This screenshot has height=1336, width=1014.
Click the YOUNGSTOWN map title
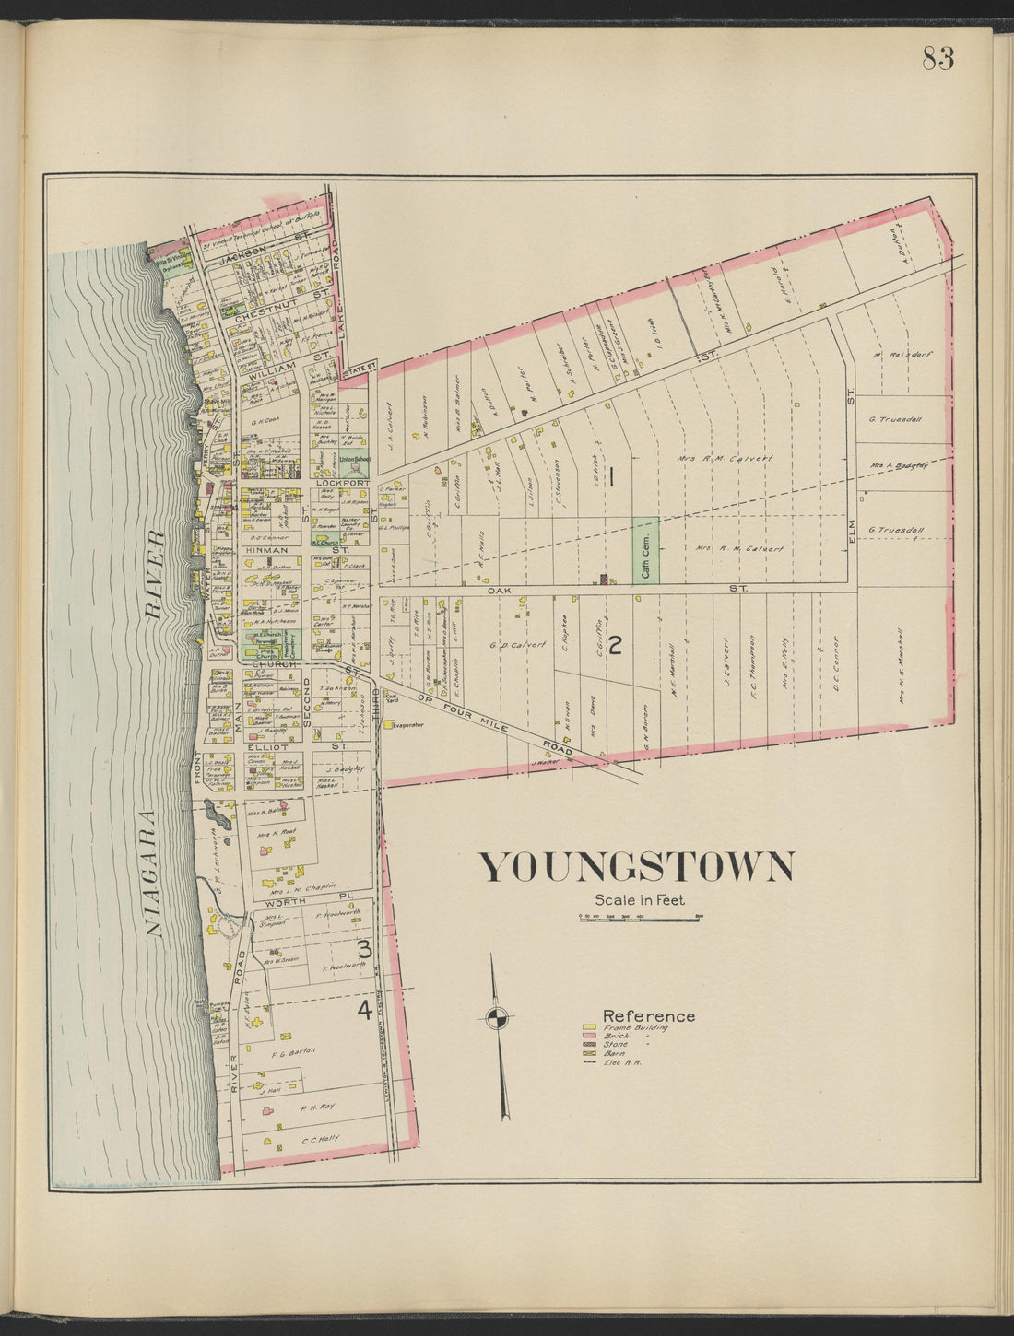[637, 868]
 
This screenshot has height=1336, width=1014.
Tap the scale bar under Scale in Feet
[641, 919]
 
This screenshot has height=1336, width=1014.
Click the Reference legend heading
[648, 1016]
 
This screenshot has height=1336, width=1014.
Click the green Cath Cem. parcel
[644, 549]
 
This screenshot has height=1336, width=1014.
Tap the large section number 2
[615, 644]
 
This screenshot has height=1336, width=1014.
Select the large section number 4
[364, 1011]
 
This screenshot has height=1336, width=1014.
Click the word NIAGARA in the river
[154, 873]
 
